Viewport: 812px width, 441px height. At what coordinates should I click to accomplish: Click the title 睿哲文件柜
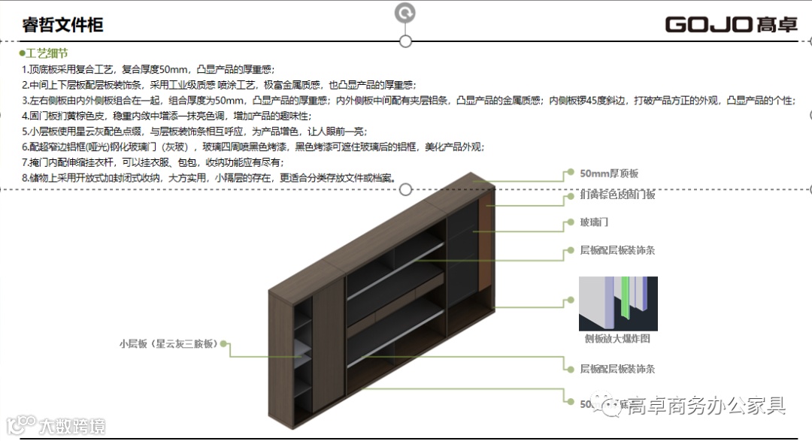click(x=62, y=25)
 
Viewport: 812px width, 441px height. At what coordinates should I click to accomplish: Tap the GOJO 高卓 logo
click(x=730, y=24)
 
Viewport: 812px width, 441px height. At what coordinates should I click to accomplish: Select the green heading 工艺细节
click(x=47, y=53)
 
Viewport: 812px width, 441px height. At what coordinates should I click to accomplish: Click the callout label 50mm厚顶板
click(x=609, y=174)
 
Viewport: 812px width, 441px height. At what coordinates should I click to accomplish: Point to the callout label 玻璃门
click(x=593, y=223)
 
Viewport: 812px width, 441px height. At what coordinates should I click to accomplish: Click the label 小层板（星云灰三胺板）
click(x=168, y=344)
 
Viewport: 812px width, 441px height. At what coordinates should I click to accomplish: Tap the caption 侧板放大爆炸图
click(x=617, y=339)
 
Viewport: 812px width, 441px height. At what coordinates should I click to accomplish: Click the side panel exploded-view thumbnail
click(x=617, y=304)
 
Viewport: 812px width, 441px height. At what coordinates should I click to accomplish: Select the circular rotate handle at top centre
click(x=405, y=12)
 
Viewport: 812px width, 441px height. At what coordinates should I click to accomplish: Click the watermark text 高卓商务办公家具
click(x=707, y=406)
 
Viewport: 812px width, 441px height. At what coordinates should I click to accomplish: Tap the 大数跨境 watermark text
click(x=72, y=426)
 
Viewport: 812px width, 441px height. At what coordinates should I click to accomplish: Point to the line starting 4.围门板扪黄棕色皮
click(x=166, y=116)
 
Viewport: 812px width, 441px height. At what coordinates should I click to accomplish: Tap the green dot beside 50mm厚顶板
click(x=571, y=174)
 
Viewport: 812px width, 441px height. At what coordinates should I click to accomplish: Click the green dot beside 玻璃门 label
click(x=571, y=223)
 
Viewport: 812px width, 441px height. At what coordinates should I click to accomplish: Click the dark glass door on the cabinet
click(x=462, y=248)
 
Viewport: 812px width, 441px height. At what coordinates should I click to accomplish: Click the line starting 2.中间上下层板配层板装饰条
click(x=219, y=85)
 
